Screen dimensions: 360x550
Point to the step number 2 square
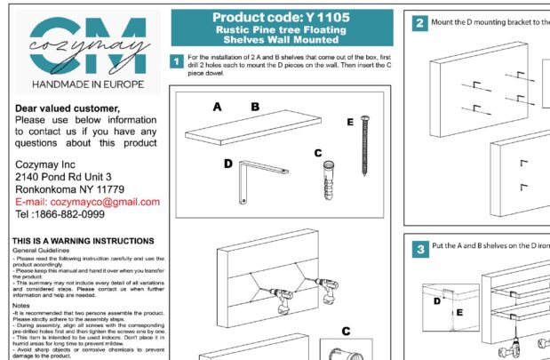(418, 23)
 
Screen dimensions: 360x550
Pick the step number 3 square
(418, 250)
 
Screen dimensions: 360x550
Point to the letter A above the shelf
(217, 107)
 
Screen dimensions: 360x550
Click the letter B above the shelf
(255, 107)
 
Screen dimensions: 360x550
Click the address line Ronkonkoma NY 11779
(70, 189)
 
